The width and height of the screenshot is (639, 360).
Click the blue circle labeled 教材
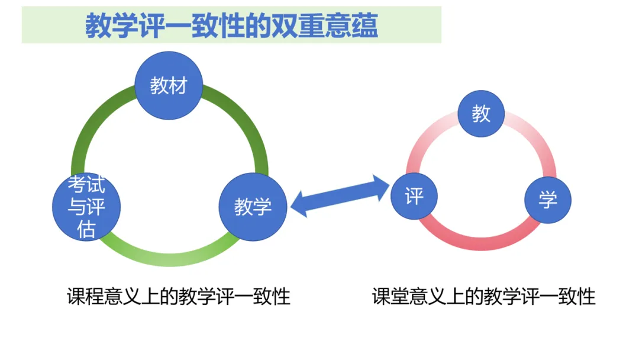click(x=169, y=86)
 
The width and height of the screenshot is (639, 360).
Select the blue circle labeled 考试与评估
click(x=87, y=207)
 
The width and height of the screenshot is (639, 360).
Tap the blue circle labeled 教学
click(x=253, y=207)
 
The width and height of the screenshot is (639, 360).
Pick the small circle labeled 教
click(x=482, y=114)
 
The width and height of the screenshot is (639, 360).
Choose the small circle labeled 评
click(x=414, y=195)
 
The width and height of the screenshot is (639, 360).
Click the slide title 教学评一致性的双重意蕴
click(x=231, y=26)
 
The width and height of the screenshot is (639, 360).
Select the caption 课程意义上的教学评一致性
click(x=179, y=296)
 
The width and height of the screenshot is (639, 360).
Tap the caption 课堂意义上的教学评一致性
click(x=483, y=296)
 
